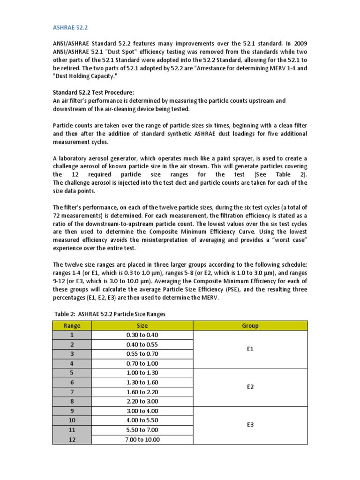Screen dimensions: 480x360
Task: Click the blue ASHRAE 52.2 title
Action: pyautogui.click(x=68, y=27)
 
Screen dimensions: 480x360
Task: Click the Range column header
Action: pyautogui.click(x=72, y=325)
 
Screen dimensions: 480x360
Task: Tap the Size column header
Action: pyautogui.click(x=142, y=325)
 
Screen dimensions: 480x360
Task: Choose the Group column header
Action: pyautogui.click(x=250, y=325)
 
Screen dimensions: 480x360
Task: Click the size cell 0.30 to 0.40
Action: pyautogui.click(x=142, y=335)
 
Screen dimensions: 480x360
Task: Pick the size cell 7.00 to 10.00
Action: pyautogui.click(x=142, y=439)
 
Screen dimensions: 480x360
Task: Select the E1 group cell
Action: pyautogui.click(x=250, y=349)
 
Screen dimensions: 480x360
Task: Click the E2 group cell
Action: pyautogui.click(x=250, y=387)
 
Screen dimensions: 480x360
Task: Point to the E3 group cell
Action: pyautogui.click(x=250, y=425)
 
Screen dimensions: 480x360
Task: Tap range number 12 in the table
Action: pyautogui.click(x=72, y=439)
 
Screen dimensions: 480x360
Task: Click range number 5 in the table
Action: pyautogui.click(x=72, y=373)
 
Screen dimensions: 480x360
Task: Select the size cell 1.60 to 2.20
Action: pyautogui.click(x=142, y=392)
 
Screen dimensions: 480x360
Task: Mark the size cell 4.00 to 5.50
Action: pyautogui.click(x=142, y=420)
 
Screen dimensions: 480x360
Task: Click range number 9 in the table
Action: pyautogui.click(x=72, y=411)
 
